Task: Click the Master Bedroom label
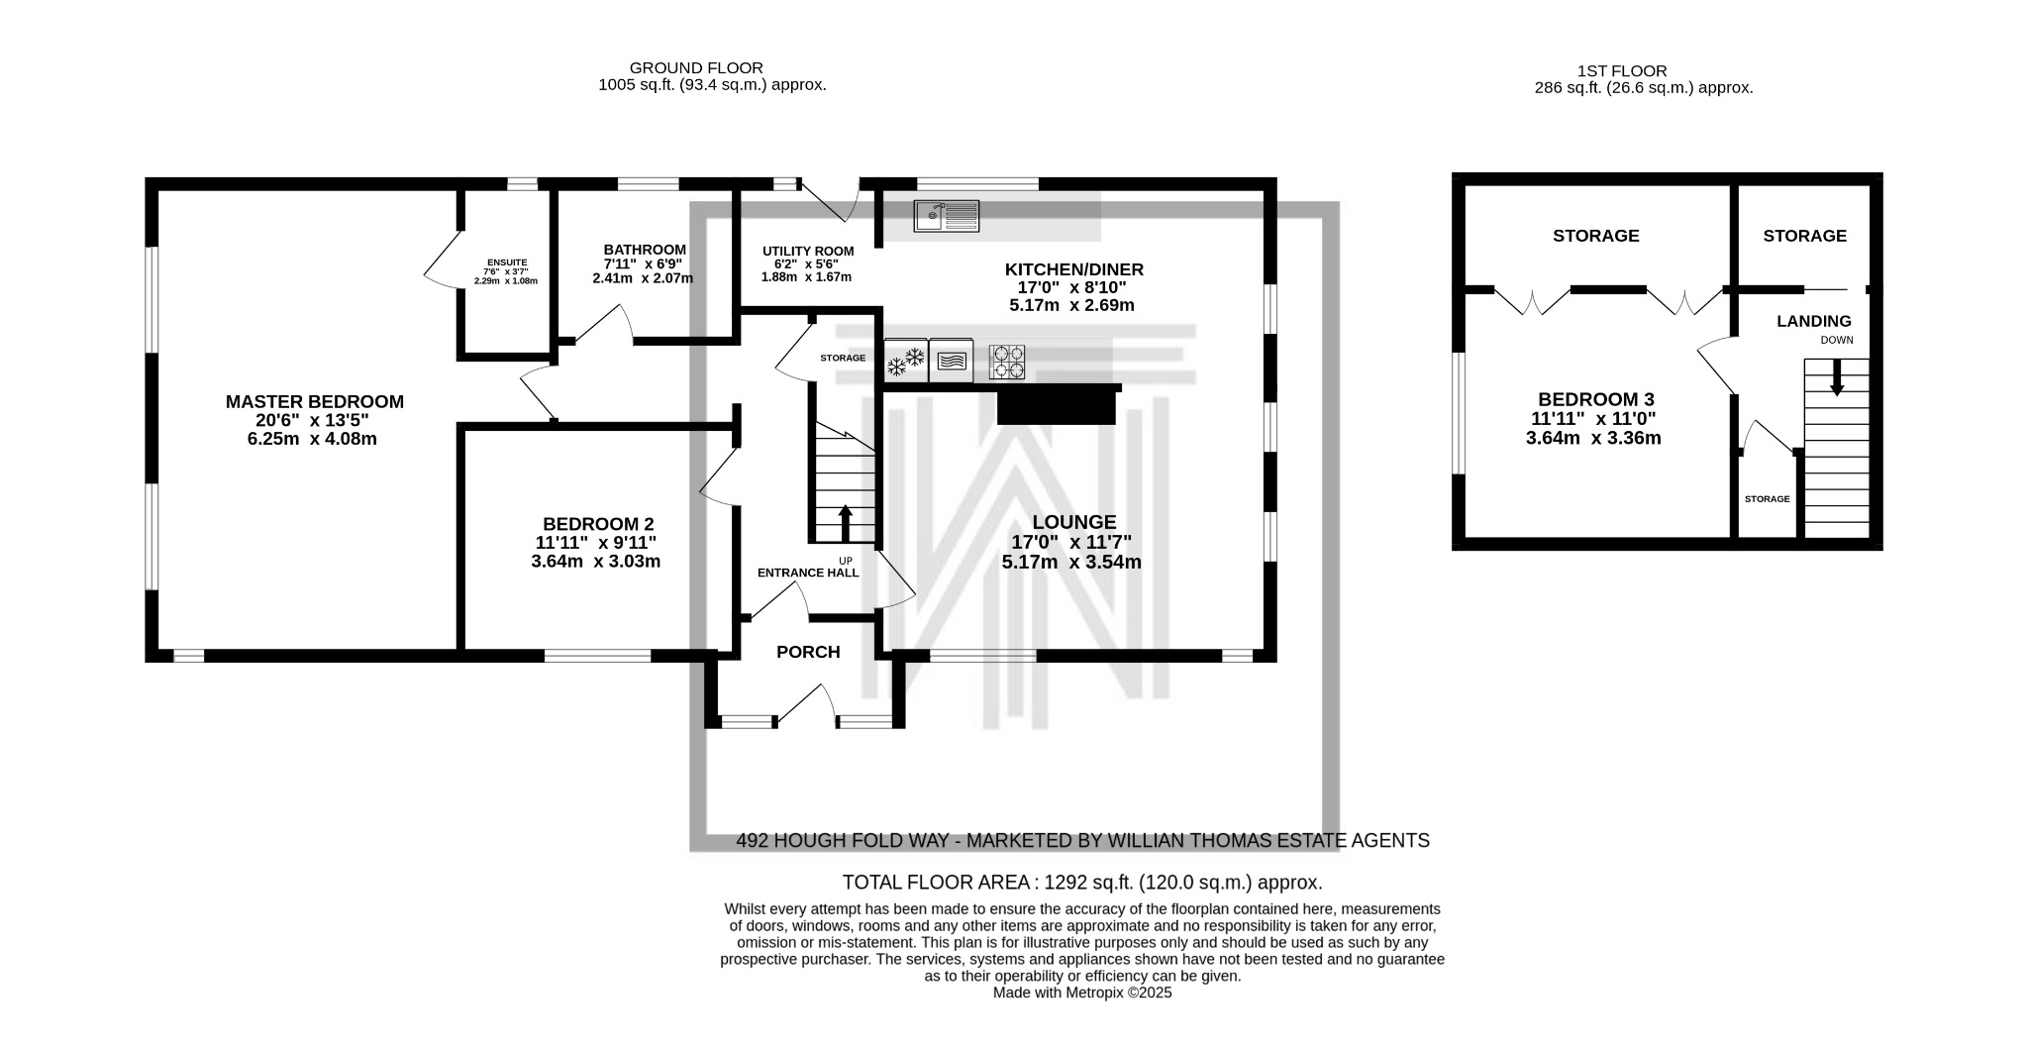[315, 402]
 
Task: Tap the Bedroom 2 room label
[598, 524]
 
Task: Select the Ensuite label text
[507, 263]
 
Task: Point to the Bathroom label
[645, 250]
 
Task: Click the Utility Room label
[808, 252]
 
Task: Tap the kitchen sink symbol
[947, 215]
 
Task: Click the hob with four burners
[1008, 362]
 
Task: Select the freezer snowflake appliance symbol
[906, 361]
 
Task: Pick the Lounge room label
[1074, 522]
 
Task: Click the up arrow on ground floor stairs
[845, 524]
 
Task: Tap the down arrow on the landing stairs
[1837, 377]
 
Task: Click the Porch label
[808, 652]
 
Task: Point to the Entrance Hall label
[808, 573]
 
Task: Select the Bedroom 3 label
[1593, 400]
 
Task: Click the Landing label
[1814, 321]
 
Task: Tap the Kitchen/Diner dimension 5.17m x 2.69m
[1071, 305]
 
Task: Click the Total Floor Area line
[1082, 883]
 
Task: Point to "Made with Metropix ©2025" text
[1082, 993]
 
